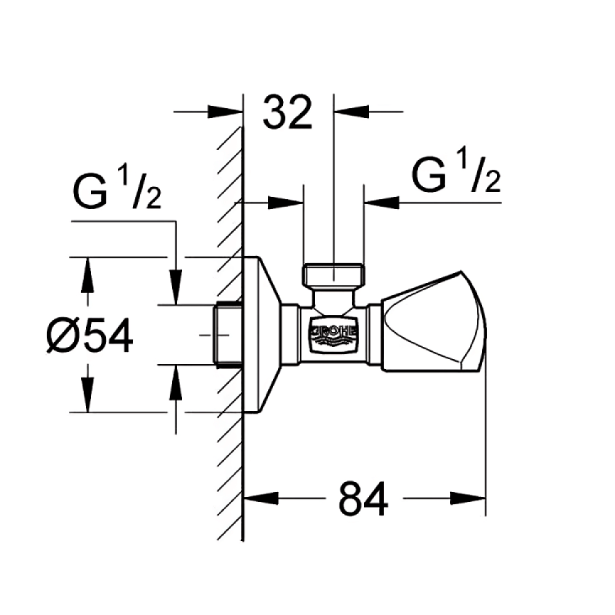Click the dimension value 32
tap(287, 113)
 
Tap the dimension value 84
tap(363, 499)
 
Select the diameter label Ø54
tap(90, 335)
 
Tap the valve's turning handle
tap(434, 321)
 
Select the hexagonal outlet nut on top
tap(333, 274)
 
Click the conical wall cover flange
tap(262, 335)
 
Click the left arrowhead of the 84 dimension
tap(261, 499)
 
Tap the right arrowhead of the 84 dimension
tap(468, 499)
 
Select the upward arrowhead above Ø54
tap(87, 275)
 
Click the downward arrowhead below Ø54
tap(87, 395)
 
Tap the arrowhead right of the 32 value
tap(351, 112)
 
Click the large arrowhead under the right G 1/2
tap(382, 203)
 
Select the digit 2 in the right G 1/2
tap(493, 182)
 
